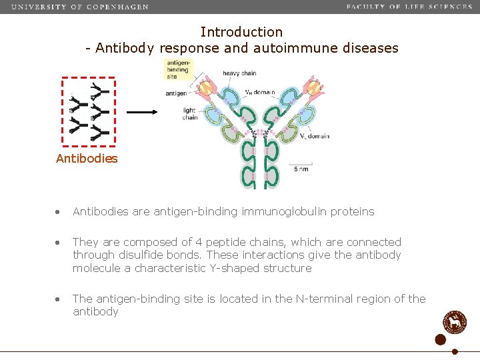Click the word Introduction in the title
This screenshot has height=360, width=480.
[x=241, y=32]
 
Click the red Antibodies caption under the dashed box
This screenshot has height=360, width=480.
[x=87, y=159]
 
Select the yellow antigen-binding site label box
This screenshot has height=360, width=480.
[x=179, y=69]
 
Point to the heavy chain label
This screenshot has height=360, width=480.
[x=240, y=73]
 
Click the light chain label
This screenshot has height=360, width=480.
[x=190, y=114]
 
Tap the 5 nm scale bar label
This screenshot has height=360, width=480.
[x=301, y=169]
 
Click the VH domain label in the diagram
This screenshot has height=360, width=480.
[x=260, y=92]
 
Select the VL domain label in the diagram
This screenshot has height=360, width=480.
[x=315, y=137]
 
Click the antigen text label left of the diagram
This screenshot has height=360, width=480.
[x=176, y=93]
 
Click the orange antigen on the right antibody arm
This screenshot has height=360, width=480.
[x=293, y=87]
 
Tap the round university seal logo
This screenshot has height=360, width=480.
[x=455, y=322]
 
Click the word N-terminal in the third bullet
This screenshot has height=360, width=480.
[x=307, y=299]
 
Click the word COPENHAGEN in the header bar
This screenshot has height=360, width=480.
[x=118, y=7]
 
